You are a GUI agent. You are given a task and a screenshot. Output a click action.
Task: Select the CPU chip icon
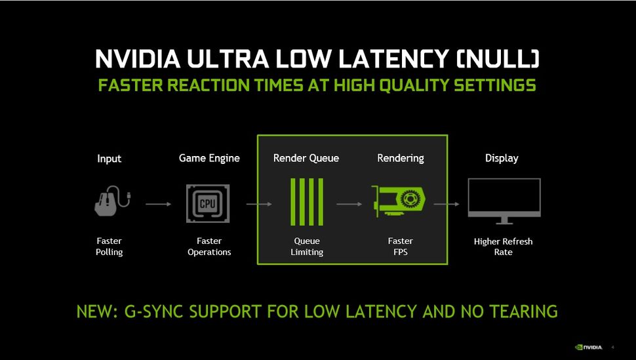pos(209,204)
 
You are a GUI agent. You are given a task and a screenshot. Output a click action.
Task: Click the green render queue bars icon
pos(306,202)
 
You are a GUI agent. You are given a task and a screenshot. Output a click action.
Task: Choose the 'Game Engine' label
pos(209,158)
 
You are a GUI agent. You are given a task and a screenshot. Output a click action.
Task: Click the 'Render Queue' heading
pos(306,158)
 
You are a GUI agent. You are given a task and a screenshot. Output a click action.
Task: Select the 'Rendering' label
pos(400,158)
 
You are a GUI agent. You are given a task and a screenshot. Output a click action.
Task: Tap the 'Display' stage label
pos(502,158)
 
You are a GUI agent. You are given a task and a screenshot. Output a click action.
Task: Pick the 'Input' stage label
pos(109,159)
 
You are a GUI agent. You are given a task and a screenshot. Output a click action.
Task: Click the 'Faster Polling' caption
pos(109,247)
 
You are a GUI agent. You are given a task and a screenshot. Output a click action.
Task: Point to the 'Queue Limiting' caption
pos(307,247)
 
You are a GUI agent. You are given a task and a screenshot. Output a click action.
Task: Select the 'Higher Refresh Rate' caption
pos(503,247)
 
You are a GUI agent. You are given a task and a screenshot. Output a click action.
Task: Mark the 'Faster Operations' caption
pos(209,247)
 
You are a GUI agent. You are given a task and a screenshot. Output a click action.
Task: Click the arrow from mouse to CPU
pos(158,205)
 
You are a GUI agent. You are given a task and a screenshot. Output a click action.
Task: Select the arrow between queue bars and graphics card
pos(349,205)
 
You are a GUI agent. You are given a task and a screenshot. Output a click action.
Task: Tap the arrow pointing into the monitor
pos(447,205)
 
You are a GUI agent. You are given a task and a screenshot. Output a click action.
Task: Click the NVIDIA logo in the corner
pos(588,347)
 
